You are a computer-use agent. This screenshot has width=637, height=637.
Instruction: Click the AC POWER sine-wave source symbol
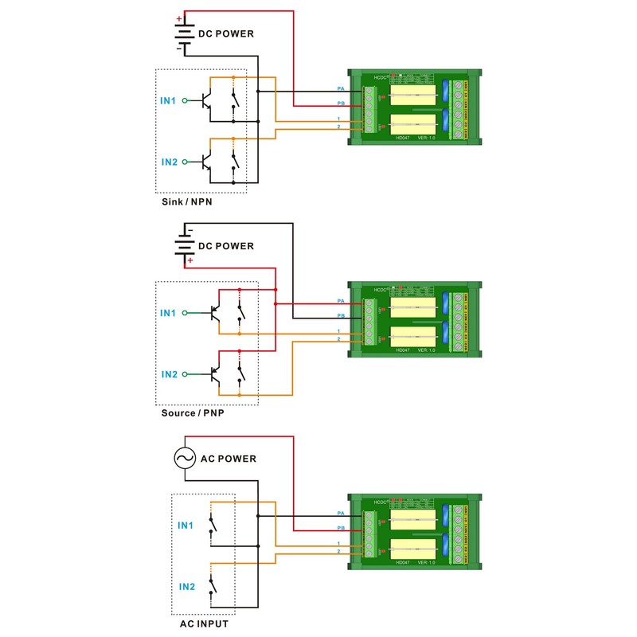tap(185, 459)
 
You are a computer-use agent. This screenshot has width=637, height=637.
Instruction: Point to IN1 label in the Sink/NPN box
tap(168, 101)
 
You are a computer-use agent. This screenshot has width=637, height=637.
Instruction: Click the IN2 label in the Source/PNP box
tap(170, 374)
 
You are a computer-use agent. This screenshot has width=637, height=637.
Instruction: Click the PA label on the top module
tap(340, 88)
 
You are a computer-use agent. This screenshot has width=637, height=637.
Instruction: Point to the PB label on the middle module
tap(340, 315)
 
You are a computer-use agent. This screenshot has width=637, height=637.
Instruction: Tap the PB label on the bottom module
tap(340, 528)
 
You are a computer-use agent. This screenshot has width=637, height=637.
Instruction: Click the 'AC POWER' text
tap(229, 459)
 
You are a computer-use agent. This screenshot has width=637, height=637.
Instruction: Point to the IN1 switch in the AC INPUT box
tap(212, 526)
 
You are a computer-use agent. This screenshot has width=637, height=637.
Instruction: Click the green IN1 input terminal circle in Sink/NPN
tap(185, 101)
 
